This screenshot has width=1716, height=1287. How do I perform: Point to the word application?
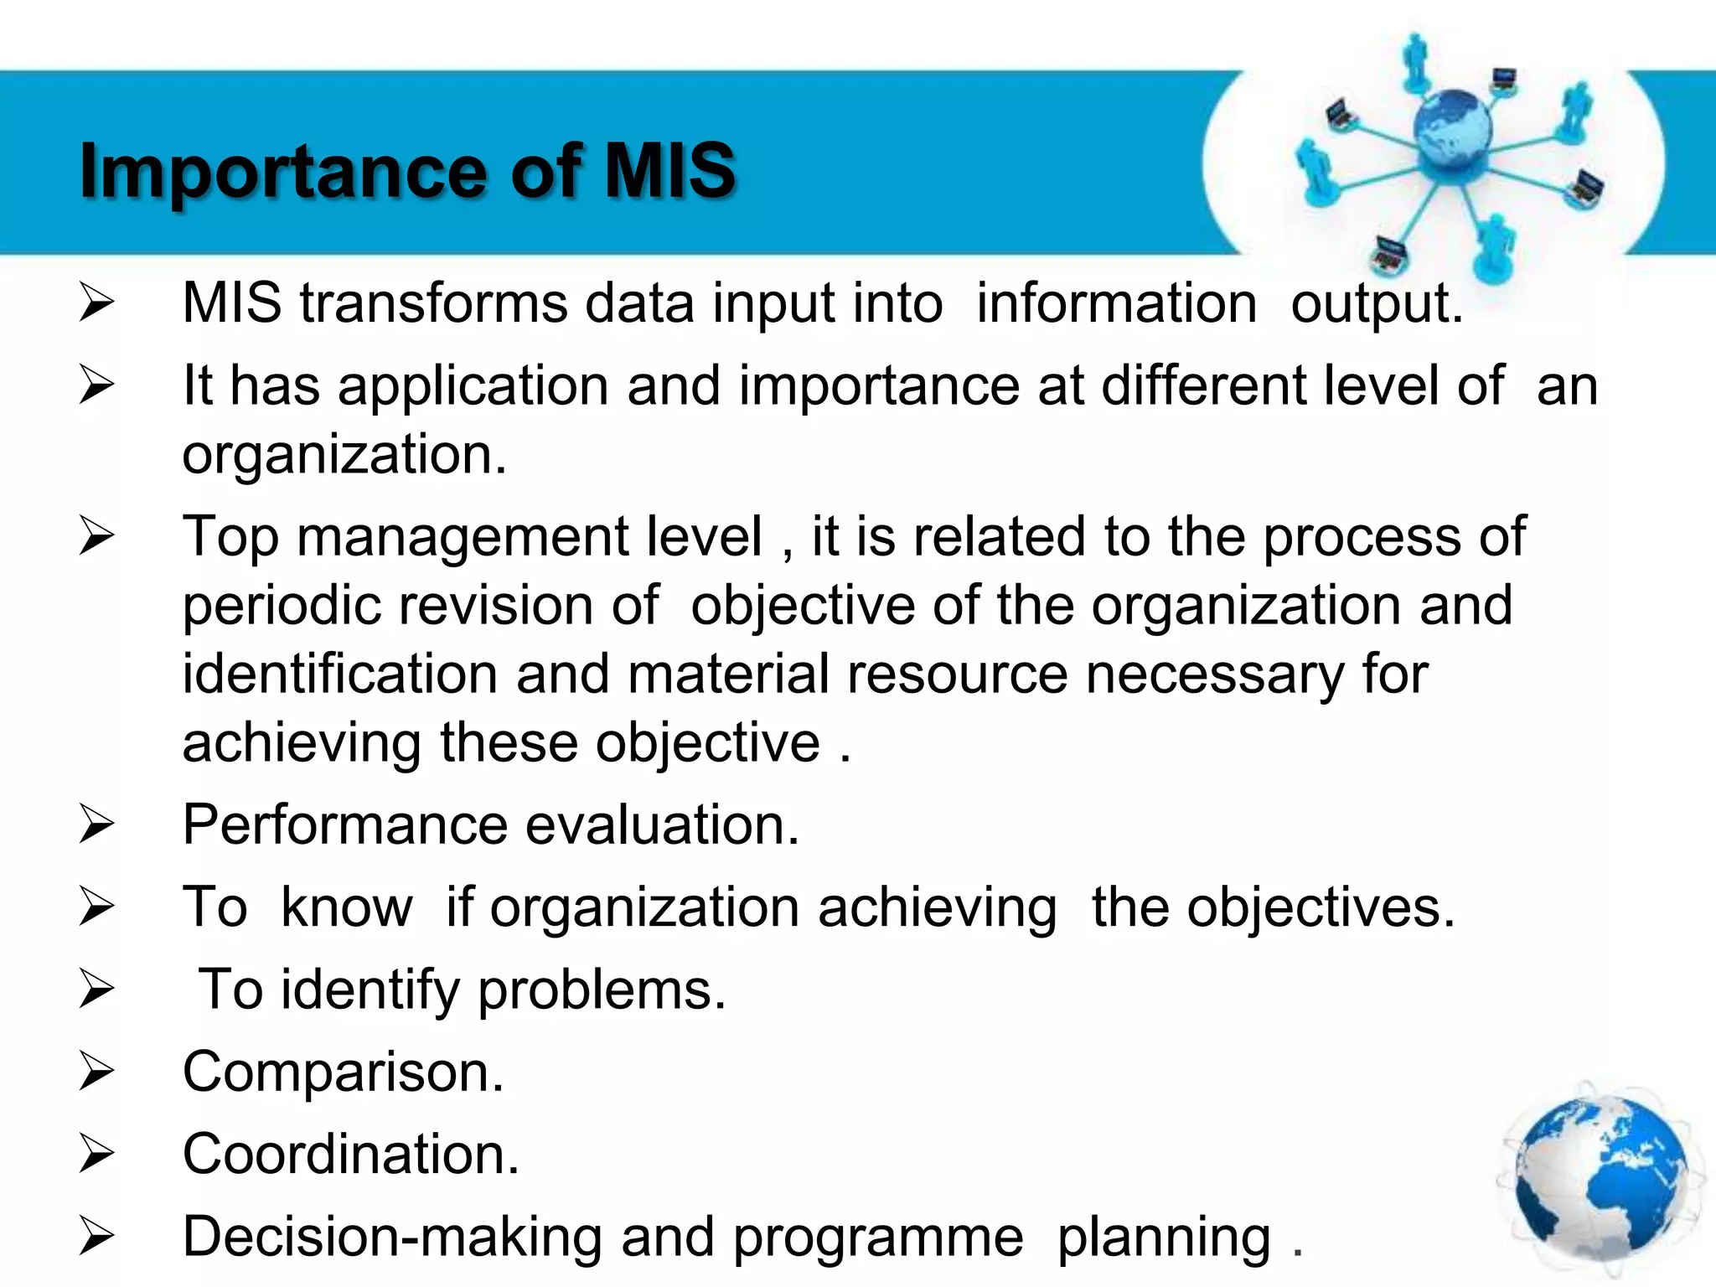(473, 387)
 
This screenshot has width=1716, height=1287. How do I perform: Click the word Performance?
(344, 825)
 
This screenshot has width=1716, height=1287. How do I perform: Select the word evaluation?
(662, 825)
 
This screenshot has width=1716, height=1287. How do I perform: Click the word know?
(347, 907)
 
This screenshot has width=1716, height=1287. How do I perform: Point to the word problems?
(601, 990)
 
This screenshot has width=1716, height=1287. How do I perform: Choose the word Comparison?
(343, 1072)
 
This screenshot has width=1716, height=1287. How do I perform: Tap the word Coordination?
(350, 1155)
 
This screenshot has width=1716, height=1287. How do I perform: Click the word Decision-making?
(392, 1238)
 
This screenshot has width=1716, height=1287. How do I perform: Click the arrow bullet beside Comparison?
(96, 1072)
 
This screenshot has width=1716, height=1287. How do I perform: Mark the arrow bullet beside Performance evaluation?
(96, 825)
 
